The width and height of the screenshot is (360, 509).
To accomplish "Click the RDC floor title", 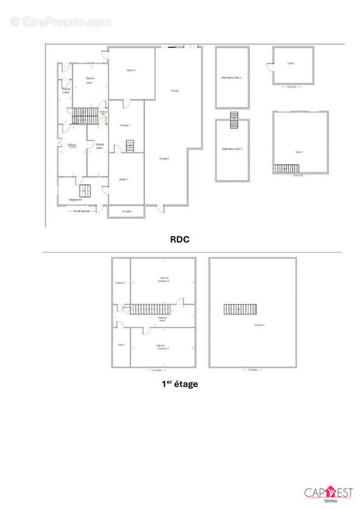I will (180, 240).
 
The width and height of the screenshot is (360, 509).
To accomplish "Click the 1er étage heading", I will (179, 384).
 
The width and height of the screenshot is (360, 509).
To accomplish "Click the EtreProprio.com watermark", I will (61, 22).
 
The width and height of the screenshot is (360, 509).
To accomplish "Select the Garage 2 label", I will (163, 158).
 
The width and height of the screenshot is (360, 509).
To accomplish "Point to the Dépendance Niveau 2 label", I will (232, 77).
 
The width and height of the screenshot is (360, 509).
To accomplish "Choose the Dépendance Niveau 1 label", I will (232, 148).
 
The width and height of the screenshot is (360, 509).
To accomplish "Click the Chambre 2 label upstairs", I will (163, 279).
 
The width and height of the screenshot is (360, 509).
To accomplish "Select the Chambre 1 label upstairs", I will (163, 347).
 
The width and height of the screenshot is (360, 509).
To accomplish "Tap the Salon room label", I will (90, 80).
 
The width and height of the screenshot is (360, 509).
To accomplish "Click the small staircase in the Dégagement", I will (85, 190).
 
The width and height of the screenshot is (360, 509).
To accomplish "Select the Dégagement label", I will (76, 199).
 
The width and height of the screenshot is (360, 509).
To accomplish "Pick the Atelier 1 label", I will (123, 179).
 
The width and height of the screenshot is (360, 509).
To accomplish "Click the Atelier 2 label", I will (132, 70).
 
